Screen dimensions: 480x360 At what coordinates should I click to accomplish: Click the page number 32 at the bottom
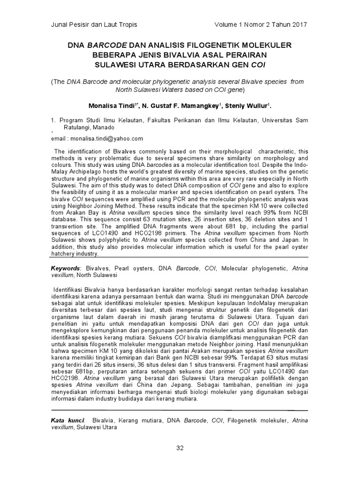click(180, 448)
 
